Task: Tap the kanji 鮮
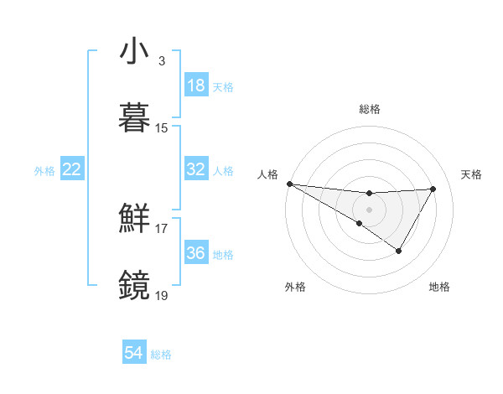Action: click(136, 220)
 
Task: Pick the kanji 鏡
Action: click(136, 285)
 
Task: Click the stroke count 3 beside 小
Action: click(162, 61)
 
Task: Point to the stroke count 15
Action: click(162, 128)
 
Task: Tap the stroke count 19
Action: click(162, 294)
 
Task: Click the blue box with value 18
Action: click(195, 86)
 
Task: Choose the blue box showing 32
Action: click(195, 169)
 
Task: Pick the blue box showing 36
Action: click(195, 252)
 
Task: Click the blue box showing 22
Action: click(71, 169)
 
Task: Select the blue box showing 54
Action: click(133, 353)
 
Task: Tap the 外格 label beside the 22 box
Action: click(44, 171)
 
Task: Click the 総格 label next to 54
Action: click(161, 355)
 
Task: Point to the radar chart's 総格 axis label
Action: click(369, 109)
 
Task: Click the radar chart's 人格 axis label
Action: click(268, 174)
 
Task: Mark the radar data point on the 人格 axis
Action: click(289, 183)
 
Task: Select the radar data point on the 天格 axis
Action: click(433, 189)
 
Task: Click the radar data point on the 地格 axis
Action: click(399, 251)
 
